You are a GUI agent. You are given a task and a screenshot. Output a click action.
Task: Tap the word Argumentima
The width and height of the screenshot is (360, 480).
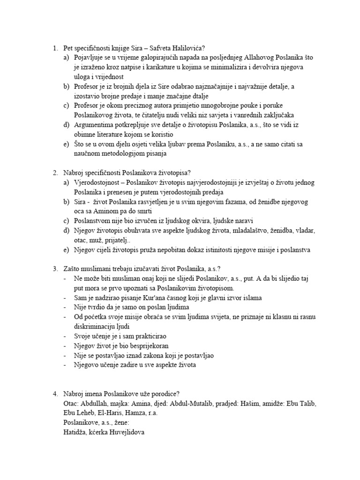[x=94, y=125]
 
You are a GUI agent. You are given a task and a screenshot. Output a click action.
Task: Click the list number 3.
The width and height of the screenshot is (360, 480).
[x=55, y=269]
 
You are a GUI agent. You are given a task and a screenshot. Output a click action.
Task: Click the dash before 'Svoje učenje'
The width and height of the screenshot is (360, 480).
[x=64, y=337]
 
